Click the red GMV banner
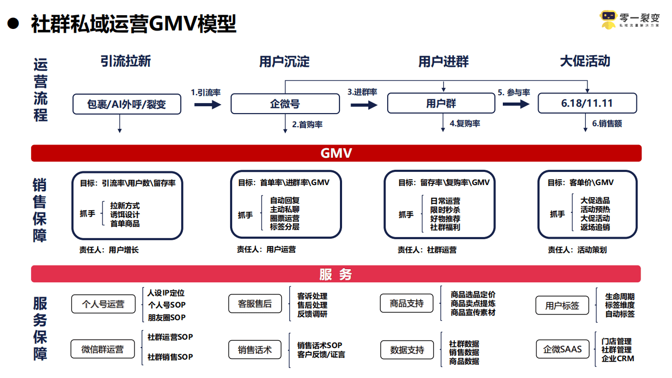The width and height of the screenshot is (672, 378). click(336, 153)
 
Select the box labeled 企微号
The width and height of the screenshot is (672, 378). click(285, 104)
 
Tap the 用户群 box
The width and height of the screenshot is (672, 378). click(441, 104)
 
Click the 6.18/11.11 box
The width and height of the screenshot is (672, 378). click(587, 104)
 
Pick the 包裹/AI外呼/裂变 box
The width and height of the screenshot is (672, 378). click(127, 104)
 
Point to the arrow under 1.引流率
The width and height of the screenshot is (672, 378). click(207, 105)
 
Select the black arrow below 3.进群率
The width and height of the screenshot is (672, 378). click(364, 105)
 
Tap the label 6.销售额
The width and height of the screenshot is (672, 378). click(606, 124)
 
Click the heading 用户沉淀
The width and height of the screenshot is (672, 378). click(284, 62)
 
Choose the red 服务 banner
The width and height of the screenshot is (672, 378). click(336, 274)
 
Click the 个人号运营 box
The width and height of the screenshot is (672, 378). click(104, 304)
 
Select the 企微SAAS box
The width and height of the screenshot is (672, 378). click(562, 349)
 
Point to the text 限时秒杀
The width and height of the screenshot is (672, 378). click(445, 210)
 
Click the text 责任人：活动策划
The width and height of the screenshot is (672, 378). click(577, 250)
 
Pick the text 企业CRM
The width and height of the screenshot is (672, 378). click(617, 359)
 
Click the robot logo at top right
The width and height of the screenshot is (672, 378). click(608, 20)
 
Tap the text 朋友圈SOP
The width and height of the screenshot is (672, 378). click(166, 318)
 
